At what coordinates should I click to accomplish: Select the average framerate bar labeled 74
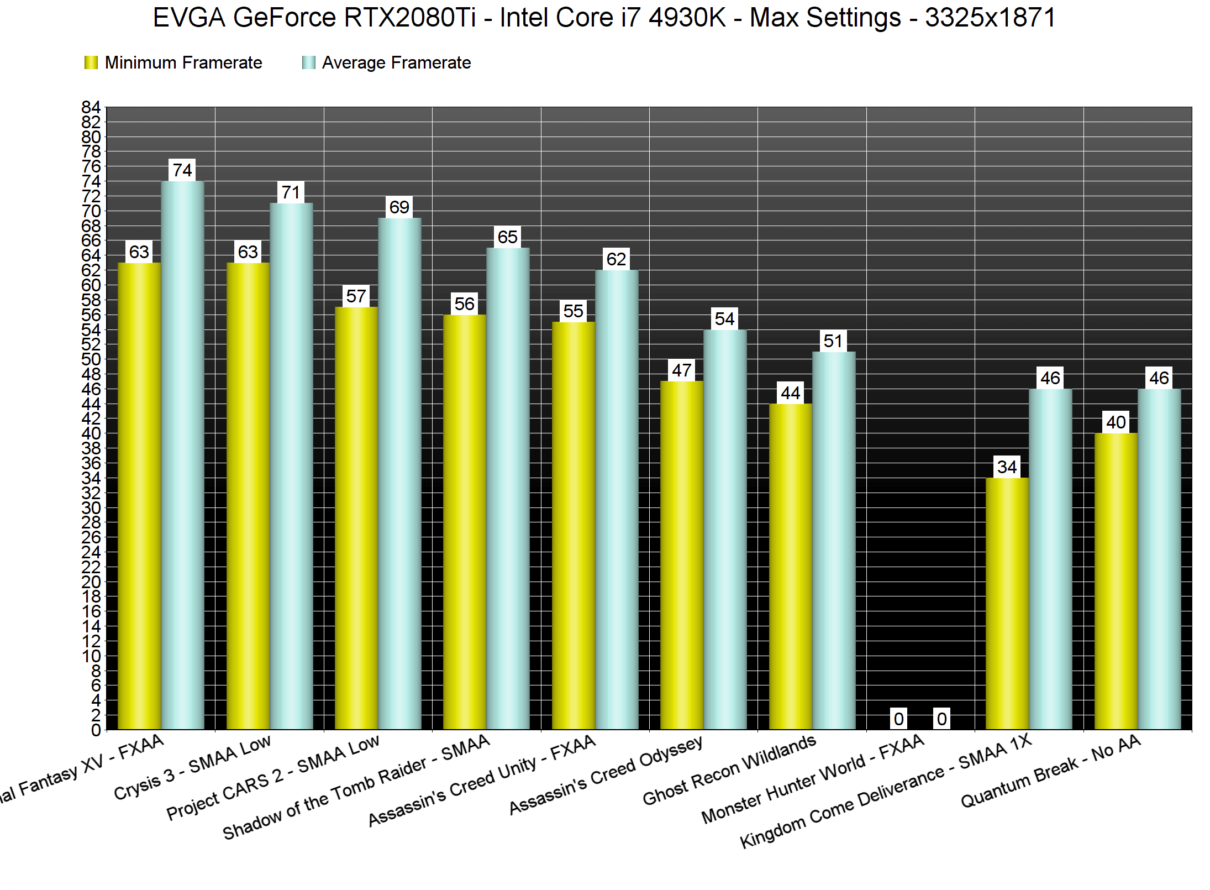[183, 453]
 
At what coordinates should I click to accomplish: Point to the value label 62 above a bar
[616, 259]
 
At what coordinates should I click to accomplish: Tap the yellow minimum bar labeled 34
[1007, 603]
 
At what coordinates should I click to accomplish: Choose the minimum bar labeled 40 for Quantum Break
[1116, 580]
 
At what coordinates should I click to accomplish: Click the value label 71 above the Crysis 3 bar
[291, 192]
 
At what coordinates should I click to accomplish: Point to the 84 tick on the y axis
[91, 107]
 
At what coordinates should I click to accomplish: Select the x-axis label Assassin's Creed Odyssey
[606, 775]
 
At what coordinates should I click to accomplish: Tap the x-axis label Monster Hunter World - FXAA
[812, 779]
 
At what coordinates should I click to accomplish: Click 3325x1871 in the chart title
[990, 18]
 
